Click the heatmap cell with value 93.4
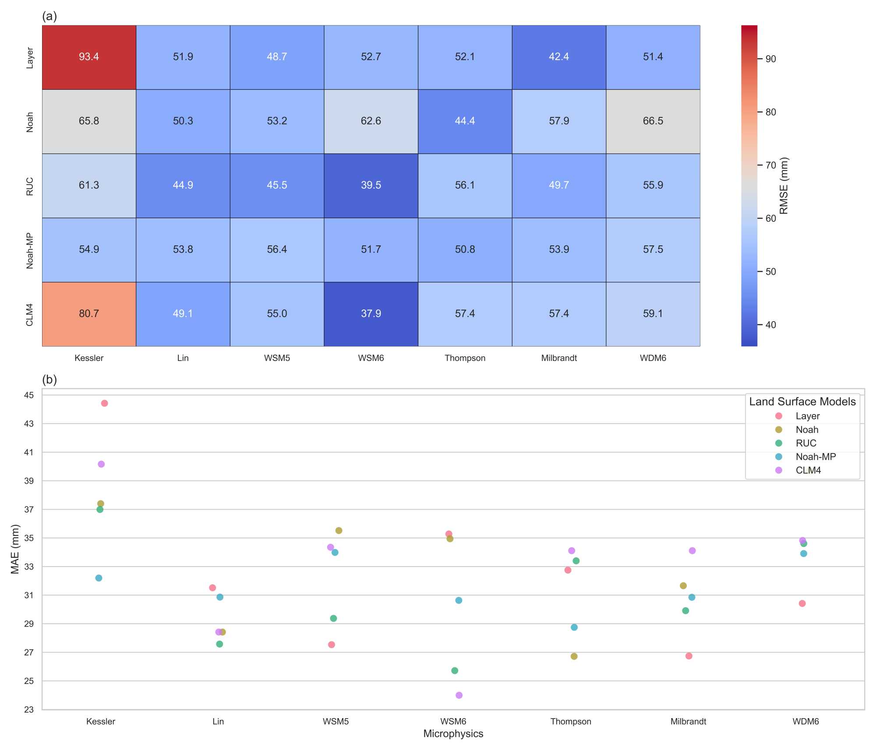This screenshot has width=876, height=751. [89, 57]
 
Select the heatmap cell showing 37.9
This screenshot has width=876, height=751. [371, 314]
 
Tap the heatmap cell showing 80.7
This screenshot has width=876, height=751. [89, 314]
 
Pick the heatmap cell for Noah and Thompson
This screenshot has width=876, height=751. [465, 121]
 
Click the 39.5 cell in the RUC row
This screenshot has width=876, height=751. [371, 185]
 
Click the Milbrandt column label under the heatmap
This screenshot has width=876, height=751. [559, 358]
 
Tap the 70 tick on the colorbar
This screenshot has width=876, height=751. [770, 165]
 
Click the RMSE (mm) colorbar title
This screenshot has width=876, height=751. [784, 186]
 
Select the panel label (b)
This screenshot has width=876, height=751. [49, 379]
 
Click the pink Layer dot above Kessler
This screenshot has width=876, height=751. [104, 403]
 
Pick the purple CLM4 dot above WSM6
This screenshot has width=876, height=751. [459, 695]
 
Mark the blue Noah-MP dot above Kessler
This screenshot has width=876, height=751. [99, 578]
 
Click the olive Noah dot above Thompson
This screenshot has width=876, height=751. [574, 656]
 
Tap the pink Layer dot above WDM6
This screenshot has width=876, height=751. [802, 603]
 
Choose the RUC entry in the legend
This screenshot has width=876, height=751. [806, 443]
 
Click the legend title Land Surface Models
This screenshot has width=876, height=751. [802, 401]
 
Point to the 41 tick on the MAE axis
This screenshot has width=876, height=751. [29, 452]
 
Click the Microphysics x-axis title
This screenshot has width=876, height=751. [453, 733]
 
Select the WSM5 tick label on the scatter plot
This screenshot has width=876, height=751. [336, 721]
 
